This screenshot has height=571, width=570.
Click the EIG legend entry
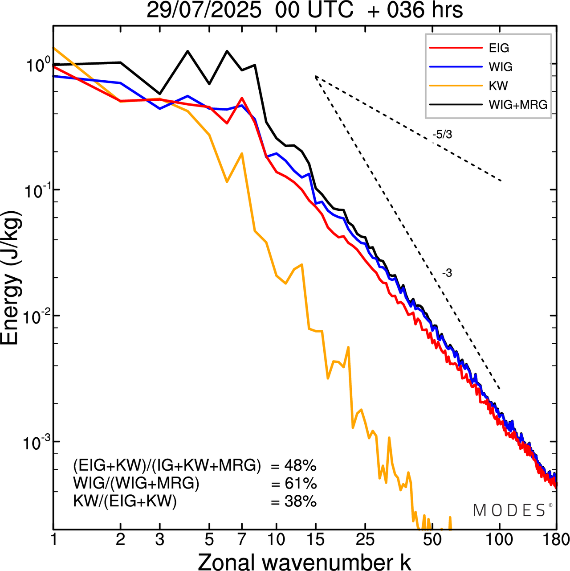coord(499,48)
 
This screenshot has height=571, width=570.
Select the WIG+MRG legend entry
coord(518,105)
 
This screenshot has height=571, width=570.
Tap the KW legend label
coord(498,86)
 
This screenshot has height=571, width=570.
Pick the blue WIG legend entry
coord(501,67)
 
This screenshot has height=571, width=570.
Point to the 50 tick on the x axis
coord(432,540)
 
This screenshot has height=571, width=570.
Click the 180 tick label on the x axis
coord(555,540)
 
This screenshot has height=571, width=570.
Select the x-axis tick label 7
coord(242,540)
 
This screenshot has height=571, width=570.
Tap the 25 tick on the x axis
coord(365,540)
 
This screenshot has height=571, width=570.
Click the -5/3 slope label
coord(442,134)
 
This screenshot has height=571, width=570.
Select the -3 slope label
coord(447,273)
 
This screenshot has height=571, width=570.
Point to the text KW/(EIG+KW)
coord(125,501)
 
